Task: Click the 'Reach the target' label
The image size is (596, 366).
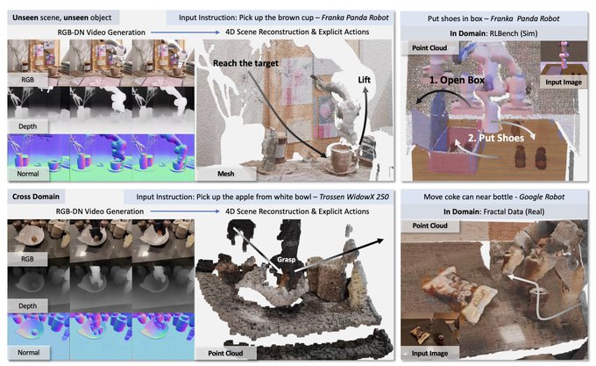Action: [245, 63]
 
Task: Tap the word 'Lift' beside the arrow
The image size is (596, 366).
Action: [364, 80]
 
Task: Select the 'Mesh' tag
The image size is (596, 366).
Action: [226, 174]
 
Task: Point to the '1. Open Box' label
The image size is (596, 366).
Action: [457, 80]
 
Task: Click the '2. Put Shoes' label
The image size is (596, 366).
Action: [496, 138]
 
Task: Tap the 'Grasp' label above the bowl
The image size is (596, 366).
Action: [287, 260]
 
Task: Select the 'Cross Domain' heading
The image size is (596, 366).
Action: [36, 197]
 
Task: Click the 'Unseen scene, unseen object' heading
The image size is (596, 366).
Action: [62, 18]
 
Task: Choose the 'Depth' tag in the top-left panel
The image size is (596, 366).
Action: [28, 126]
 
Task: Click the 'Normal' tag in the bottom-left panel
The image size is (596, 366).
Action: [29, 352]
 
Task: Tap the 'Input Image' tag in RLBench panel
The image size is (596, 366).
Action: [564, 83]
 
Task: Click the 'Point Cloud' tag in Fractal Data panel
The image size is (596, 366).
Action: [429, 226]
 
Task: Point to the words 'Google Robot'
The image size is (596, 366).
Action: [542, 197]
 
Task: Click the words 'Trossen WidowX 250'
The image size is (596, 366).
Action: [354, 197]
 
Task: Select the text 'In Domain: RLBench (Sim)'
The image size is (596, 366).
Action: [493, 33]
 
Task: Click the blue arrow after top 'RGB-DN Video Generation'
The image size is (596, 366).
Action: [185, 32]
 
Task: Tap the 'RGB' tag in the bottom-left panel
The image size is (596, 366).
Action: [27, 259]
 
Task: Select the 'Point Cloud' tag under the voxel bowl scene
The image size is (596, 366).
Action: [225, 353]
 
